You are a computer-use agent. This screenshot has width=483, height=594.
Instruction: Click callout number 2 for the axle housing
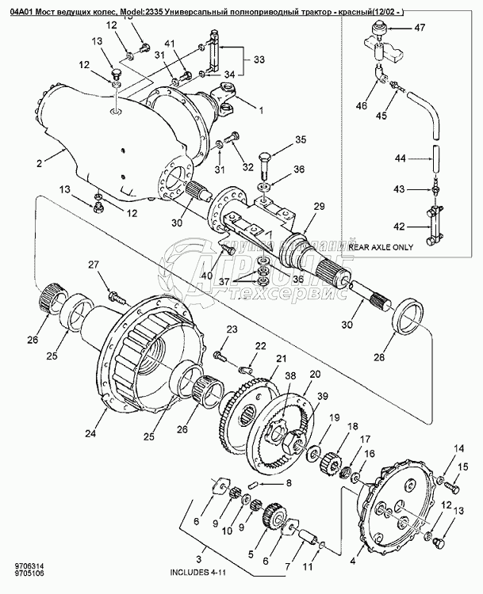tap(38, 164)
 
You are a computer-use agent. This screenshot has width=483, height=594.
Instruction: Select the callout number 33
tap(259, 60)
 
